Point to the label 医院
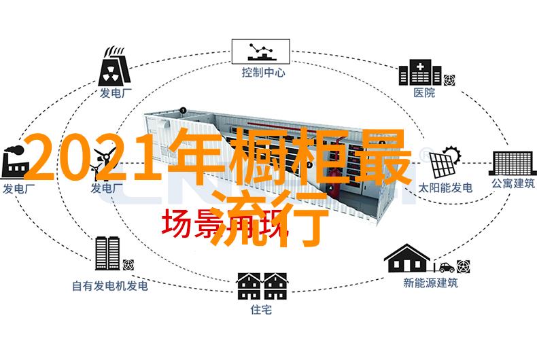point(423,93)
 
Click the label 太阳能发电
point(445,187)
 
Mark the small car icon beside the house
point(445,268)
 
